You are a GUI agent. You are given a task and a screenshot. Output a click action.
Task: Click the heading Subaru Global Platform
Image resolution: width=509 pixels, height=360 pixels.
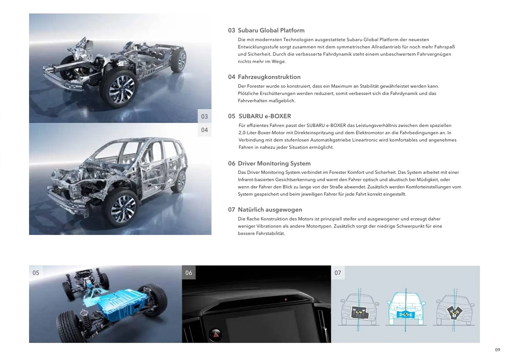[x=271, y=30]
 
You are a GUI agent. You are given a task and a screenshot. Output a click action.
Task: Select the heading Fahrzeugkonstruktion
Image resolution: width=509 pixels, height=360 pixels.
[x=269, y=77]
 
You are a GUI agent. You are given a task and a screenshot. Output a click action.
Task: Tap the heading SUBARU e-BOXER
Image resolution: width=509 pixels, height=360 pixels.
[x=265, y=116]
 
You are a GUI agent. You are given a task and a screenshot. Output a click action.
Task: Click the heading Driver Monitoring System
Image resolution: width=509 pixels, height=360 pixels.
[x=274, y=164]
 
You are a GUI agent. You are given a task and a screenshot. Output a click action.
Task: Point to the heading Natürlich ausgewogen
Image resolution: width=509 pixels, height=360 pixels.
[x=270, y=210]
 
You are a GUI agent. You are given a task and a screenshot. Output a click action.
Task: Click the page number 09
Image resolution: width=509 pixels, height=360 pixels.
[x=498, y=350]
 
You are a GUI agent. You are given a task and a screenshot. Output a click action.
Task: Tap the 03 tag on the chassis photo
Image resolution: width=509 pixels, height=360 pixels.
[x=204, y=116]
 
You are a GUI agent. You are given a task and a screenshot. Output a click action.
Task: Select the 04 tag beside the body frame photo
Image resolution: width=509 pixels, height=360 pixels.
[x=204, y=130]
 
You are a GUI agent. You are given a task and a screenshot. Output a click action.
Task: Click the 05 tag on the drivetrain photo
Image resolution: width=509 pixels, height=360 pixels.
[x=36, y=273]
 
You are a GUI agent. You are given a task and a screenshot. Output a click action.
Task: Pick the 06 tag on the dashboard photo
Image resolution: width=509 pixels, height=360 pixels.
[x=188, y=273]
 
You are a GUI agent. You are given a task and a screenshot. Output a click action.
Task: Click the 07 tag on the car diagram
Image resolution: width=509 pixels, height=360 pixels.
[x=338, y=273]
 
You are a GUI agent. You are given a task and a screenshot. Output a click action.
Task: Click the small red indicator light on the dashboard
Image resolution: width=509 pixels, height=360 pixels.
[x=286, y=300]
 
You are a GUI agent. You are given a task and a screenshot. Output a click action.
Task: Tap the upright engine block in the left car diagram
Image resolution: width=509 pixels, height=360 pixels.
[x=358, y=312]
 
